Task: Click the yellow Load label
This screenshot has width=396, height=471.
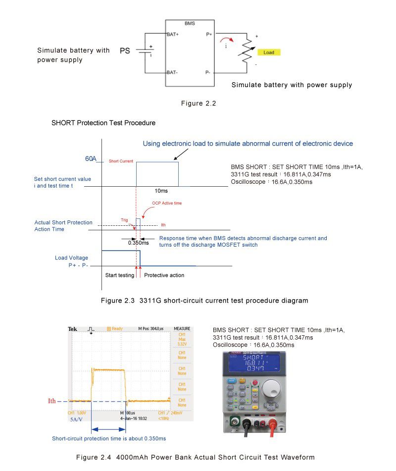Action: [269, 52]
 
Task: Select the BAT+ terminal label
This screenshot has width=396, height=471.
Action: [172, 35]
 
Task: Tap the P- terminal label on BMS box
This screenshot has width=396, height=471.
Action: [208, 72]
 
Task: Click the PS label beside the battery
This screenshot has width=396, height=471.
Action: [125, 51]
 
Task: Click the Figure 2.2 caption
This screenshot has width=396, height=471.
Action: [198, 103]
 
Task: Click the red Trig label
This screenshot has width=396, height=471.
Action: [125, 219]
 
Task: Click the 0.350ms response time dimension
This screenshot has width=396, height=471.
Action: [138, 243]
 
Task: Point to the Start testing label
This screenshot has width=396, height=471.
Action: [120, 275]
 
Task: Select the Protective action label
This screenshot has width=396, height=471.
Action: [164, 275]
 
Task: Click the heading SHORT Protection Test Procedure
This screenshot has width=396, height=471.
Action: [103, 123]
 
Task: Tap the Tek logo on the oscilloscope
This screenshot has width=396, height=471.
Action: [72, 329]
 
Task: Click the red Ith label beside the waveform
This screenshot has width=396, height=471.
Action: [52, 401]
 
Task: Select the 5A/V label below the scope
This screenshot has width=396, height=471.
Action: [77, 419]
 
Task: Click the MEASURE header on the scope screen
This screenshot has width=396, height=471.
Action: [182, 329]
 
